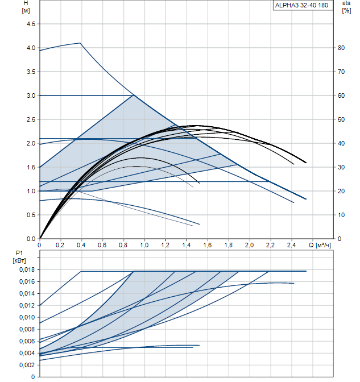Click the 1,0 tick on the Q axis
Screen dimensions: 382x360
[144, 245]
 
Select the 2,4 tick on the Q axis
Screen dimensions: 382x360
[291, 245]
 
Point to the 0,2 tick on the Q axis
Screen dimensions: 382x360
[60, 245]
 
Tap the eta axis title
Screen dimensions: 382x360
[346, 3]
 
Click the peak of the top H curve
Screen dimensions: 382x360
[81, 43]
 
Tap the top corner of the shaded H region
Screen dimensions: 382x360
[133, 95]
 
